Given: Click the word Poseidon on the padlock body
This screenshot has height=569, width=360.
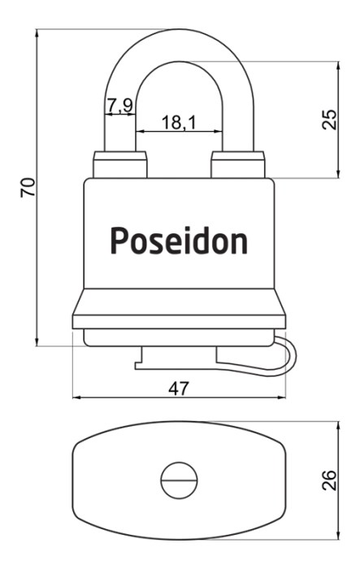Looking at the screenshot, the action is [179, 241].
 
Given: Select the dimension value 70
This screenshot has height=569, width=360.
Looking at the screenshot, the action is [28, 187].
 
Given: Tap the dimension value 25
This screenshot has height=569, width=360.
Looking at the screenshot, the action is [329, 119].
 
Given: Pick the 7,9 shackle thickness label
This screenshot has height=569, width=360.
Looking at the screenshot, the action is [120, 106].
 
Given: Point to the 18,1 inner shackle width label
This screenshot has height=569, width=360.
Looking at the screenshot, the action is [179, 122].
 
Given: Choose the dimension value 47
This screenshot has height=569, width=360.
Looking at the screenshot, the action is [179, 389].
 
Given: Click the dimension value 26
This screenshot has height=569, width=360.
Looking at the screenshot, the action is [329, 480].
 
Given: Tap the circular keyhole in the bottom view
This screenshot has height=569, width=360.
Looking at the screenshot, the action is [179, 480].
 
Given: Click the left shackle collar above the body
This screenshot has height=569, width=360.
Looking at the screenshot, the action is [120, 165].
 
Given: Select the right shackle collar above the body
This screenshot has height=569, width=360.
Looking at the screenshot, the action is [238, 165].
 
